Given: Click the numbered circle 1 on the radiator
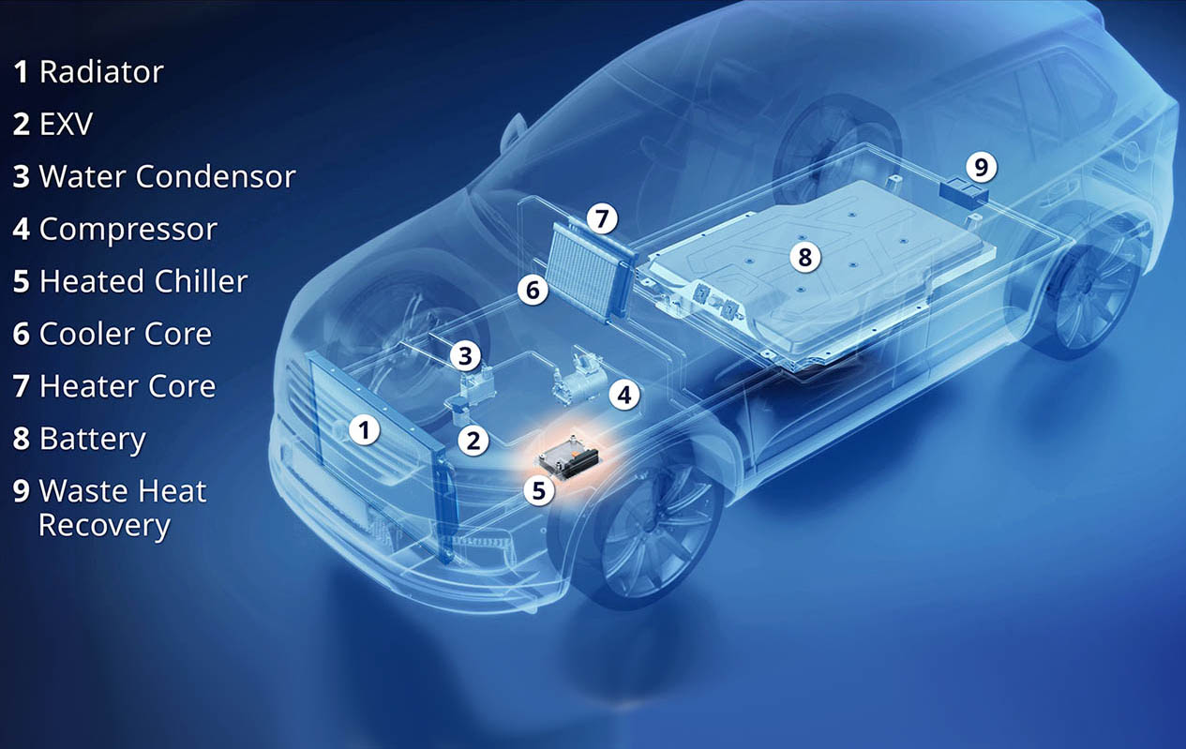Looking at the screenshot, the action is tap(365, 429).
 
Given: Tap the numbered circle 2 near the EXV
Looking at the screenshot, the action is tap(473, 441).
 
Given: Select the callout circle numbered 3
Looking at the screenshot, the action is tap(465, 355).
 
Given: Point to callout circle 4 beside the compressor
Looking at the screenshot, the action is tap(623, 395).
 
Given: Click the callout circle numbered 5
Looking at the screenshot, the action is tap(538, 490).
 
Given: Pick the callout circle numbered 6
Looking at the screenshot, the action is tap(533, 290).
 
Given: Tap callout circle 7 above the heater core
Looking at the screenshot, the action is tap(602, 218).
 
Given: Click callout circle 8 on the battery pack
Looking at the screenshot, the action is tap(805, 257).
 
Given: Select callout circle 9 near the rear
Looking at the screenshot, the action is tap(981, 167).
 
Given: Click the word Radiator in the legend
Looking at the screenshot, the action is tap(101, 71).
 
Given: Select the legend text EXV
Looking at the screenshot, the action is tap(66, 124).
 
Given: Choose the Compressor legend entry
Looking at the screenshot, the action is tap(115, 229).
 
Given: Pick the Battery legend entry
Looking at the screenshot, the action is tap(79, 440).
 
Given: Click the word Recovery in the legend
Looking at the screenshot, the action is tap(104, 526).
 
